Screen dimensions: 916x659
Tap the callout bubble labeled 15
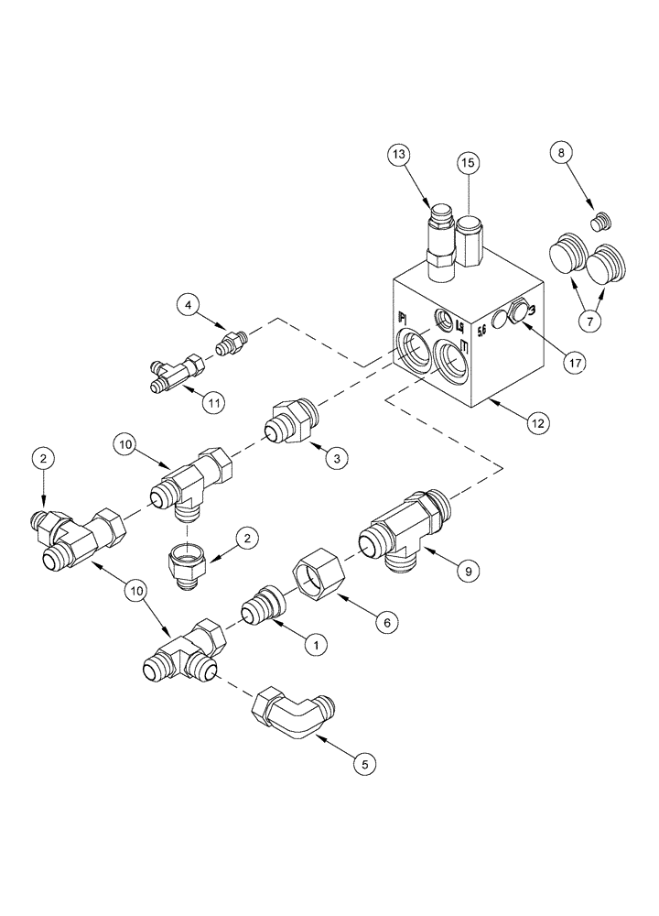pyautogui.click(x=468, y=163)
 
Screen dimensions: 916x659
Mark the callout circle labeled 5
pyautogui.click(x=364, y=761)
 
